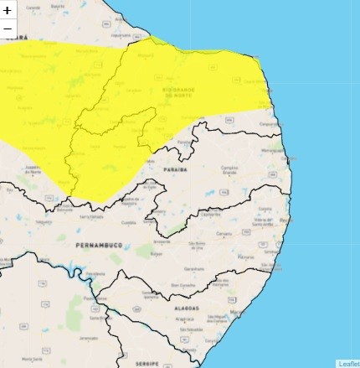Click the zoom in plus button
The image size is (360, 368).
click(x=8, y=11)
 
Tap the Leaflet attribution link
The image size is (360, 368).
click(x=348, y=363)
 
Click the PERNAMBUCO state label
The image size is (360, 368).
click(x=99, y=245)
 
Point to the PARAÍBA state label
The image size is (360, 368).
click(x=176, y=169)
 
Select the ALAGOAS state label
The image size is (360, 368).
click(x=186, y=308)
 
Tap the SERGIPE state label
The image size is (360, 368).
click(x=147, y=363)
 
